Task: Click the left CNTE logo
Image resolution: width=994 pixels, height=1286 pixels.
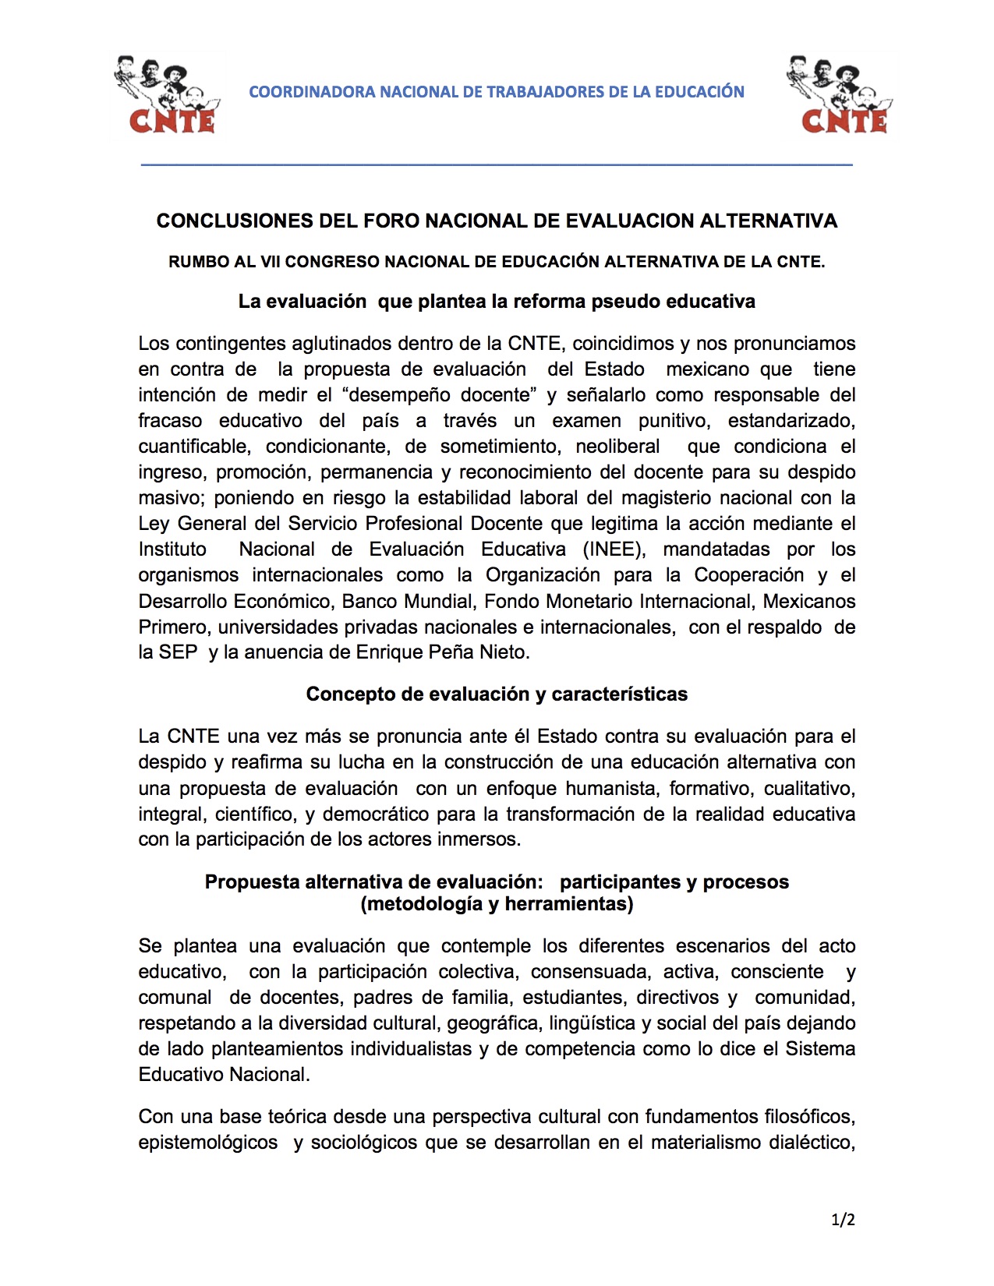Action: [168, 95]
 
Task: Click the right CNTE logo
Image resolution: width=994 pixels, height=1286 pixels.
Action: [840, 95]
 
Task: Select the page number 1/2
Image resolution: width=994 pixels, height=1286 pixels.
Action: [843, 1220]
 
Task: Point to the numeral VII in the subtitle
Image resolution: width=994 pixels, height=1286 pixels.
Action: [270, 262]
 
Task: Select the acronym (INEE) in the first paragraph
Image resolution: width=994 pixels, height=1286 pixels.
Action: [614, 549]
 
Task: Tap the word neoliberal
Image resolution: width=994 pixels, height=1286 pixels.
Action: [617, 447]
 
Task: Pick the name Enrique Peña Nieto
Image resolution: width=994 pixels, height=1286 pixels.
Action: [442, 652]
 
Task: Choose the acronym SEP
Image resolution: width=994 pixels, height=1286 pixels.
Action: [178, 652]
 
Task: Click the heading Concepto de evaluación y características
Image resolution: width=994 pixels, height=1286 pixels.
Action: [497, 694]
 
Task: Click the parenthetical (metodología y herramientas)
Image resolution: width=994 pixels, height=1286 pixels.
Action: [497, 904]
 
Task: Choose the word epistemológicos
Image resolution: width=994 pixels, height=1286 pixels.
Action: [208, 1143]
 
